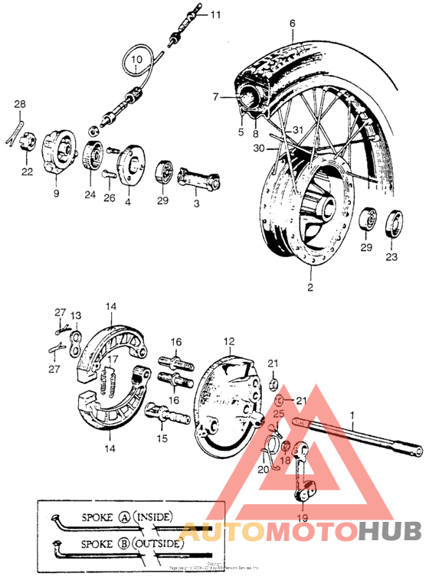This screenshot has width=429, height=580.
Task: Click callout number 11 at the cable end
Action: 215,15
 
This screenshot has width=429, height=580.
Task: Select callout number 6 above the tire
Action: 291,24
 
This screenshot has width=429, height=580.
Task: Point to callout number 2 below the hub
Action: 310,288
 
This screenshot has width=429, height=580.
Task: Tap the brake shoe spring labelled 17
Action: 110,380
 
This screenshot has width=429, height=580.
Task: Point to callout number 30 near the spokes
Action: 258,148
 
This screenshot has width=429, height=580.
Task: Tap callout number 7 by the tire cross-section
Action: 215,96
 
